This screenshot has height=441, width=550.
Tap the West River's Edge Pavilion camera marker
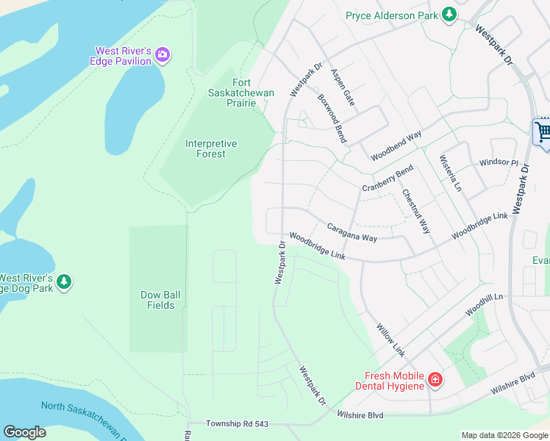click(162, 55)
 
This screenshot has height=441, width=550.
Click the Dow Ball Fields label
click(160, 300)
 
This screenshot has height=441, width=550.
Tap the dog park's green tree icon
click(64, 282)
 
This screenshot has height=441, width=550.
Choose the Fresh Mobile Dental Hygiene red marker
click(435, 380)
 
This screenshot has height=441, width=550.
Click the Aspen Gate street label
click(343, 87)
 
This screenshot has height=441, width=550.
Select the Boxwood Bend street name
click(332, 118)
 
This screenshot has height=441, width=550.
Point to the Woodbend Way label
click(396, 146)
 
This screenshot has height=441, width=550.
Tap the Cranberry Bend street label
click(387, 180)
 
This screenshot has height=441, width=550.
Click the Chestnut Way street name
click(415, 212)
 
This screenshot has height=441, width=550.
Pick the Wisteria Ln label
click(450, 173)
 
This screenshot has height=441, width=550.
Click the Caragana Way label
click(351, 233)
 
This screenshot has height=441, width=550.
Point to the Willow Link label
click(390, 340)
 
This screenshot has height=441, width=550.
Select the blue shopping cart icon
click(543, 133)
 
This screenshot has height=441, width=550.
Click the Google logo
click(24, 432)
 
